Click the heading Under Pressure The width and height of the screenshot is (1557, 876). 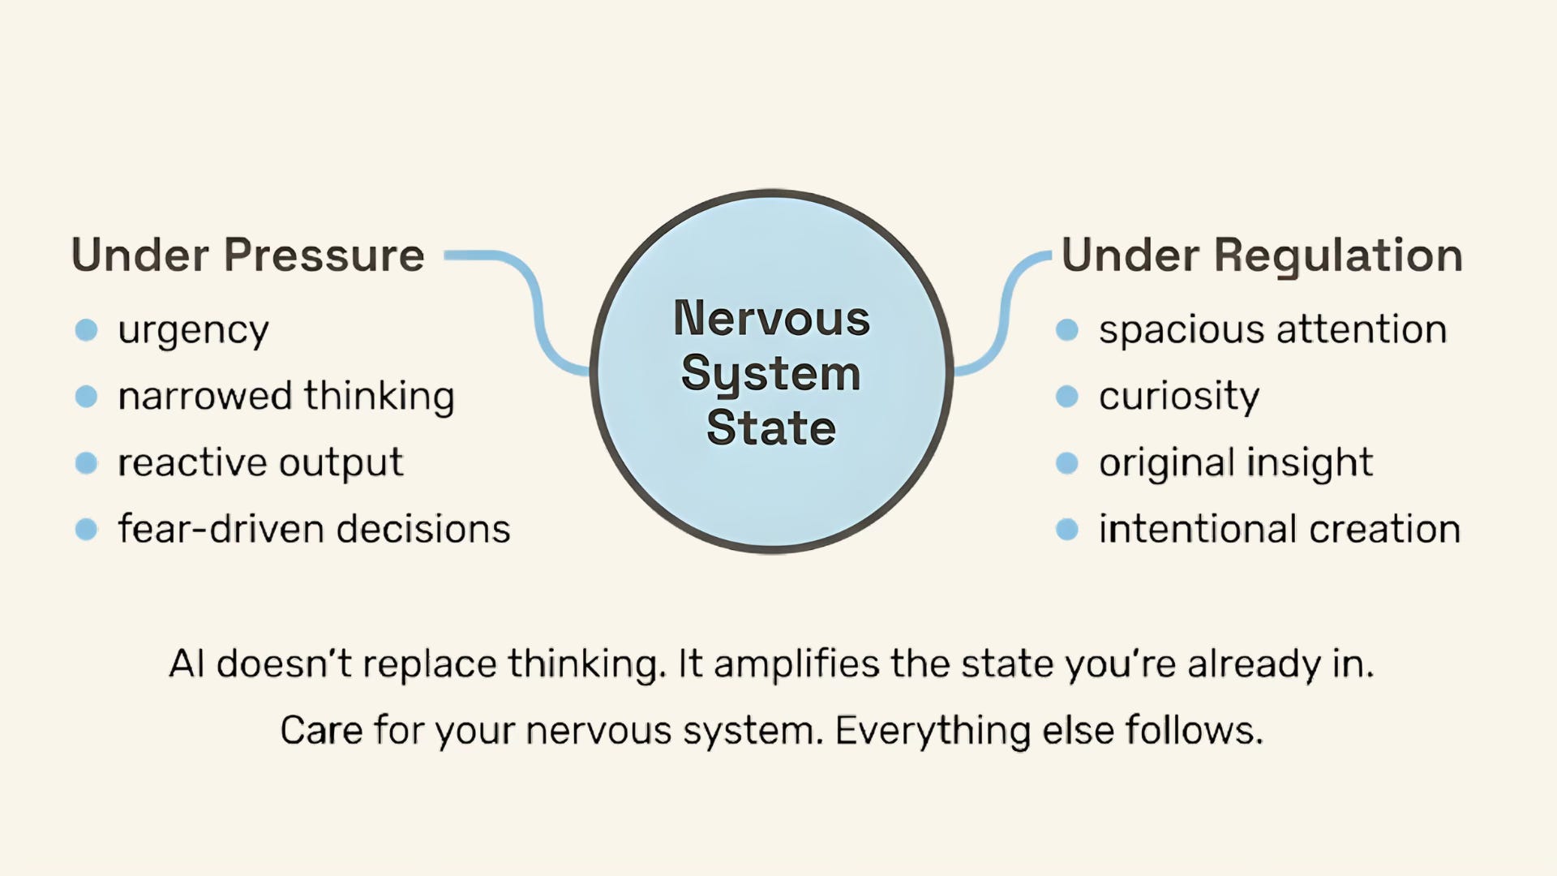tap(247, 255)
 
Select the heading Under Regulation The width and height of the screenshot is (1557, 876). tap(1262, 255)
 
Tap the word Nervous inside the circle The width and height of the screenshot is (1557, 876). tap(771, 318)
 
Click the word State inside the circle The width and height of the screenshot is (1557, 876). tap(771, 427)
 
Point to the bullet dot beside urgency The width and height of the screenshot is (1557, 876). tap(86, 330)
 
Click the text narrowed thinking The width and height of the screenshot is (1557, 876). tap(285, 397)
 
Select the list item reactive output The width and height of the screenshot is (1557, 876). tap(260, 463)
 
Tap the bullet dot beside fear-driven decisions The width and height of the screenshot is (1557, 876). tap(86, 530)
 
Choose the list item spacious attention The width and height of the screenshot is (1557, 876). tap(1272, 330)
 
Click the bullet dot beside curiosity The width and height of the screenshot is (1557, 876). tap(1067, 397)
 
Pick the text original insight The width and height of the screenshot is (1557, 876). tap(1236, 463)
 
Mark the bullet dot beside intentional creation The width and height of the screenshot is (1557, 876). tap(1067, 530)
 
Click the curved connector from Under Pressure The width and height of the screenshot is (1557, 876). tap(535, 300)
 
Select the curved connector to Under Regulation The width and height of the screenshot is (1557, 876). tap(1006, 312)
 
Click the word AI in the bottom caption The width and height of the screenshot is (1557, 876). tap(186, 664)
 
